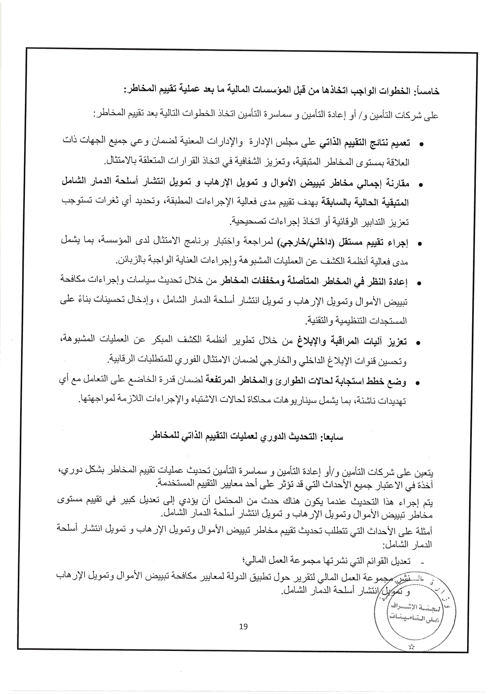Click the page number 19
point(243,626)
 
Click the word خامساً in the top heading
point(428,91)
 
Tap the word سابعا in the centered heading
point(334,437)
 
